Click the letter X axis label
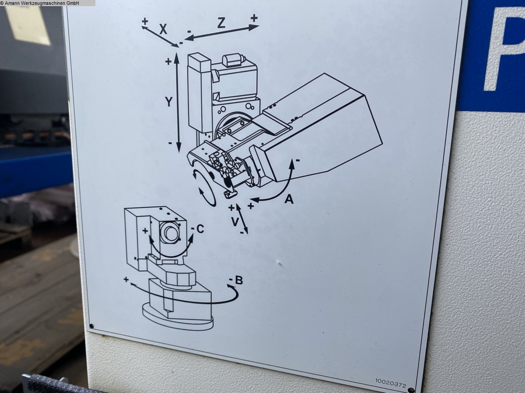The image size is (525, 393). coord(163,30)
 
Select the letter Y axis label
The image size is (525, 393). coord(169,102)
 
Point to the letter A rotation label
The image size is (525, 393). coord(289,199)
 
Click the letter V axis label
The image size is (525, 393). coord(235,222)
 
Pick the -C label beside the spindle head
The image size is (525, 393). coord(198,229)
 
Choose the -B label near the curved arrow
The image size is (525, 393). coord(236,280)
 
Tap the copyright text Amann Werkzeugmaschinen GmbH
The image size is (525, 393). coord(40,3)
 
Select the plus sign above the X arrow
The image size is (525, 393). coord(145,21)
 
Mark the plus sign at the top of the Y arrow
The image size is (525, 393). coord(168,62)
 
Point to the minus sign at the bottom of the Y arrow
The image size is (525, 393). coord(170,143)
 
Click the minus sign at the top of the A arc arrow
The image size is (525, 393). coord(297,160)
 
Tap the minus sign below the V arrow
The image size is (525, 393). coord(242,232)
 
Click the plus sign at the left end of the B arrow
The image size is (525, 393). coord(126,279)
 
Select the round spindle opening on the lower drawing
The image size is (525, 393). coord(170,233)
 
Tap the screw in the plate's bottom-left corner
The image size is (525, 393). coord(91,326)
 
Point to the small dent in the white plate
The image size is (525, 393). coord(278,263)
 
